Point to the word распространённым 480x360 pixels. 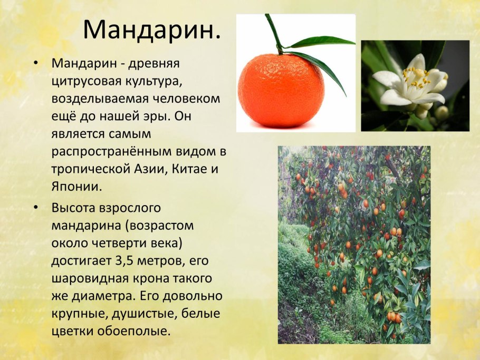pos(107,152)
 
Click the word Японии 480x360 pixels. pos(75,187)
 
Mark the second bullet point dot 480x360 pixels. pos(35,208)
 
